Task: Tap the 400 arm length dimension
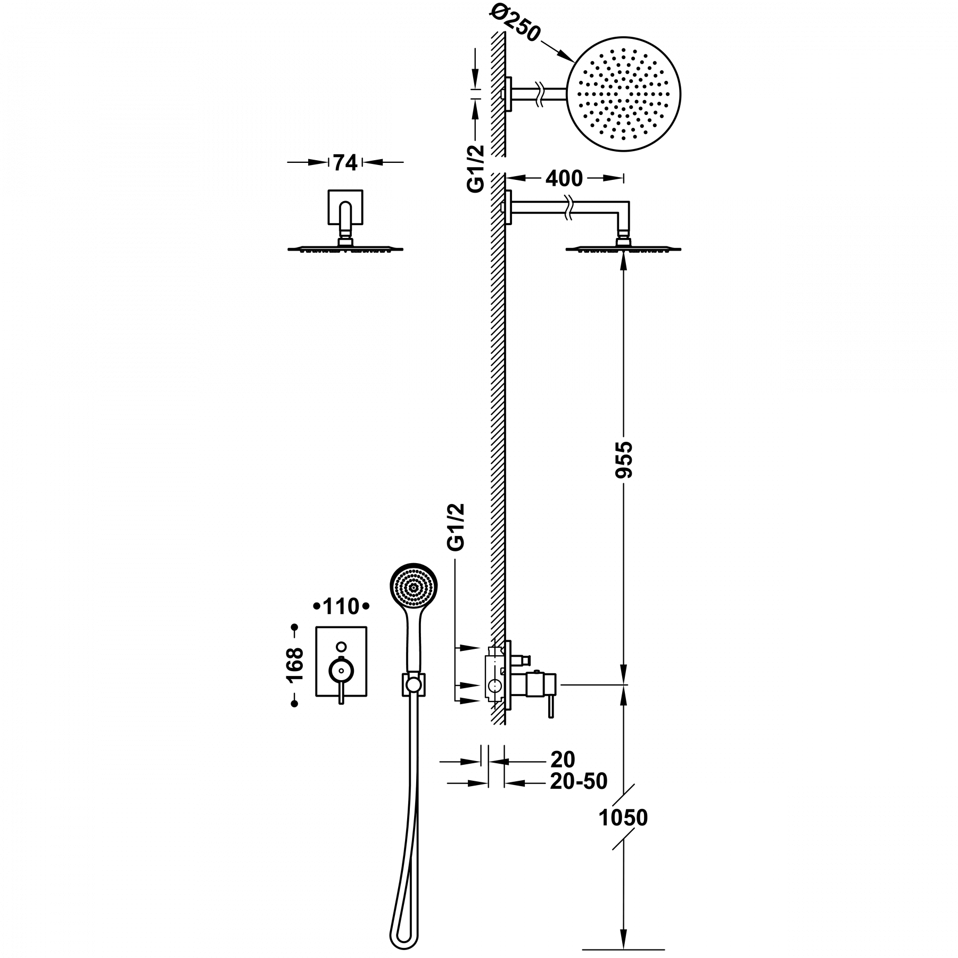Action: pyautogui.click(x=565, y=179)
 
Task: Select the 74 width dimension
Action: pyautogui.click(x=345, y=162)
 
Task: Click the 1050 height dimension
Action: pyautogui.click(x=623, y=817)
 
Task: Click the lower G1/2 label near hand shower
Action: pyautogui.click(x=457, y=526)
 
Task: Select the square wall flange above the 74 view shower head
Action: pyautogui.click(x=345, y=207)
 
